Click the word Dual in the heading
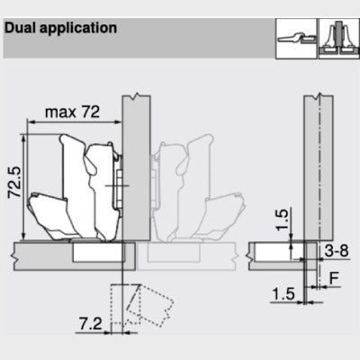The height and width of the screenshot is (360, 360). point(21,28)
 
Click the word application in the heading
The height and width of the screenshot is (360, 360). point(78,29)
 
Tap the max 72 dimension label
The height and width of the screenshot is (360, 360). point(72,112)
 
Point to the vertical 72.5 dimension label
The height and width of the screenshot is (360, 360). point(14,182)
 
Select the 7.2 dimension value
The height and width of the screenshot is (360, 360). point(91,324)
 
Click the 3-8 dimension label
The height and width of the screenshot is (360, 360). point(337,251)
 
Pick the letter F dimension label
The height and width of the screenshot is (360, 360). point(334,279)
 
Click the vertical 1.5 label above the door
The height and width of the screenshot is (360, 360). point(282,220)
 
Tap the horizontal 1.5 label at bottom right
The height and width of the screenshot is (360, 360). point(283,293)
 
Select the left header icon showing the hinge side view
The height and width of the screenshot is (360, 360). point(296,39)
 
